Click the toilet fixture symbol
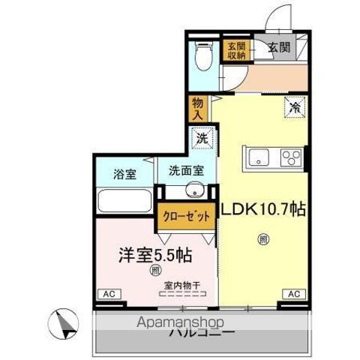pyautogui.click(x=201, y=54)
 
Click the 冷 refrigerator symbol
pyautogui.click(x=295, y=107)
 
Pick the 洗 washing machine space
pyautogui.click(x=201, y=138)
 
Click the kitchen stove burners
pyautogui.click(x=289, y=157)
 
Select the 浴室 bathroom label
pyautogui.click(x=124, y=174)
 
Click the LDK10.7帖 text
pyautogui.click(x=262, y=210)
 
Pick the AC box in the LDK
pyautogui.click(x=293, y=293)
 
